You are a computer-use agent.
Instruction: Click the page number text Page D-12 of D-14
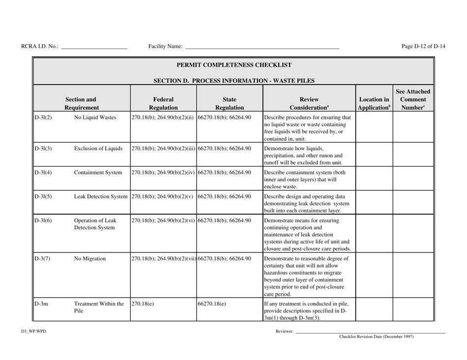(x=423, y=47)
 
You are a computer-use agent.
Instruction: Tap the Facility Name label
(x=165, y=47)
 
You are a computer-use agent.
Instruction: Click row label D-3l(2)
(x=44, y=118)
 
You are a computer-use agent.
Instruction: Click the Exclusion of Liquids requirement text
(x=97, y=149)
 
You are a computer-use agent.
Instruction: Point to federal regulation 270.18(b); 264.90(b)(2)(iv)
(x=163, y=173)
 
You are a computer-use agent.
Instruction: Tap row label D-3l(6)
(x=44, y=221)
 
